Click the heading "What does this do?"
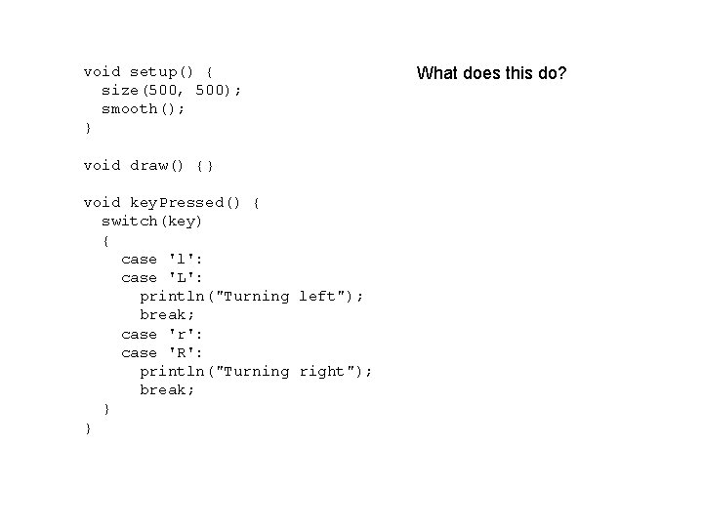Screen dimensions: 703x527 (x=491, y=73)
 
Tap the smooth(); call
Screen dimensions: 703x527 (x=144, y=108)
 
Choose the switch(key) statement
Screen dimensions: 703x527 (x=152, y=222)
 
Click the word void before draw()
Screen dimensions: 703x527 (x=103, y=165)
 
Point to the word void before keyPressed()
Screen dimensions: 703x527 (x=103, y=203)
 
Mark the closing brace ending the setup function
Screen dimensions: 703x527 (x=88, y=128)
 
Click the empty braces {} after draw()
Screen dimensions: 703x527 (x=204, y=165)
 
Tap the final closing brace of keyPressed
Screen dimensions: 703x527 (x=88, y=427)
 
